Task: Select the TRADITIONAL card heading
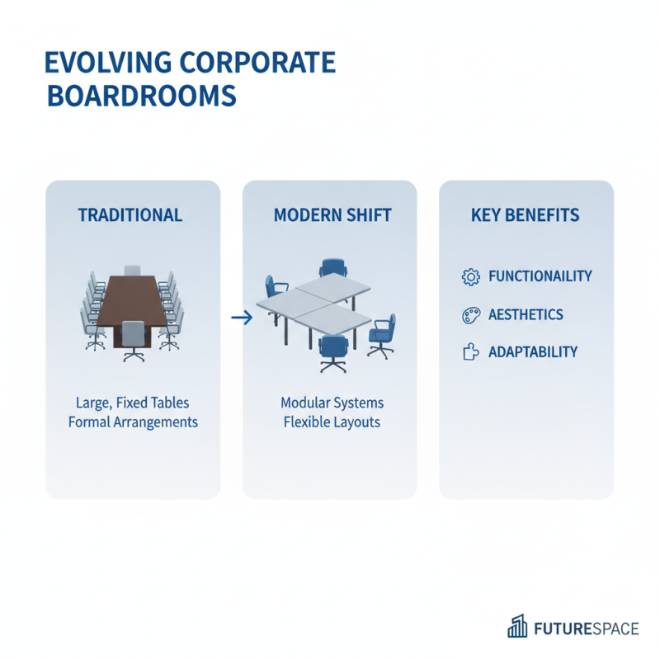130,215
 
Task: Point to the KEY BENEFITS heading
525,215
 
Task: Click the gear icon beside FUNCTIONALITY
470,277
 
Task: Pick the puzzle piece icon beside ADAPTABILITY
470,352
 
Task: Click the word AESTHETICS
526,314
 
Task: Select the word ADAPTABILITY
533,352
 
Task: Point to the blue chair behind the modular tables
332,269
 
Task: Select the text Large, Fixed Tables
133,403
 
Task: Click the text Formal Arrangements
133,422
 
